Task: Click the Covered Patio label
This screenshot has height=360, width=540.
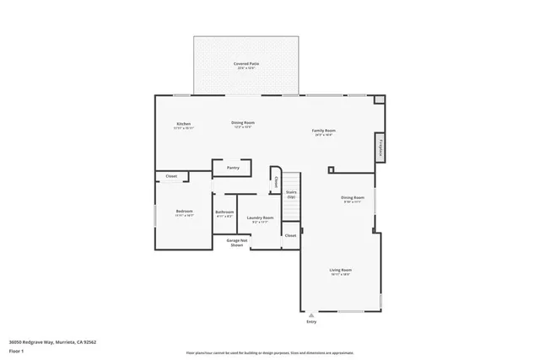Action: click(x=246, y=64)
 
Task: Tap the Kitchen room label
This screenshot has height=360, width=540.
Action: click(x=183, y=124)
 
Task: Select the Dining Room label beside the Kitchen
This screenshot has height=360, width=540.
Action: click(x=243, y=122)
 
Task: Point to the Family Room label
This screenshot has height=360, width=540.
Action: click(x=324, y=131)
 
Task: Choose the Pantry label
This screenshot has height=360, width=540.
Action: click(x=233, y=168)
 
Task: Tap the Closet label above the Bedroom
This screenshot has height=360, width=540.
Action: click(x=171, y=176)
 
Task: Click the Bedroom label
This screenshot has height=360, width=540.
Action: click(x=184, y=211)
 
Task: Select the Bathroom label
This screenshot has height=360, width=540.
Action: click(x=224, y=212)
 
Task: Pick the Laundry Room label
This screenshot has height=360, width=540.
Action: click(x=260, y=218)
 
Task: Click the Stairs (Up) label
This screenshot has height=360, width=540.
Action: click(x=290, y=194)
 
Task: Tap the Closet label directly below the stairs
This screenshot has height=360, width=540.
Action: click(x=290, y=235)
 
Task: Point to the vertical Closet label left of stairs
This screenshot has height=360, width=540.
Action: click(x=275, y=180)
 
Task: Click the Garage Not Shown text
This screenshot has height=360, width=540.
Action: click(x=237, y=242)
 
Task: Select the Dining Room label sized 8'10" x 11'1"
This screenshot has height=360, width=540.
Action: click(x=352, y=198)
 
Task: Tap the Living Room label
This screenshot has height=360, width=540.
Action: click(x=339, y=271)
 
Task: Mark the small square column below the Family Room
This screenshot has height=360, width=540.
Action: click(x=330, y=170)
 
